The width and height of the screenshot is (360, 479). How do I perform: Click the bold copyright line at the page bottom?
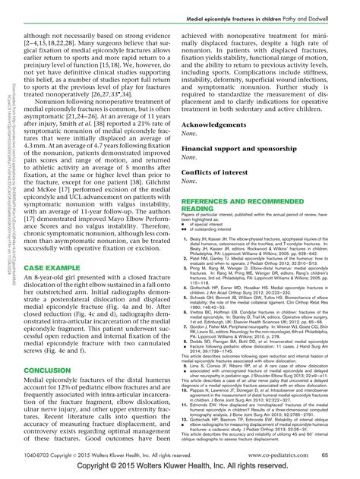click(180, 469)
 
